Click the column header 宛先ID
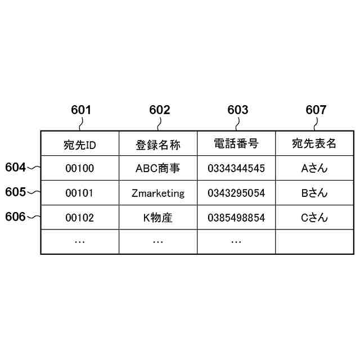point(80,145)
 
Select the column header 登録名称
point(158,145)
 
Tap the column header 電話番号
point(236,143)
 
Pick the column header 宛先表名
point(314,143)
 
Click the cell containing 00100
point(80,168)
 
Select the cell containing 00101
point(80,193)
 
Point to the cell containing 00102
point(80,218)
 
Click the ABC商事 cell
point(158,168)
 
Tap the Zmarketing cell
point(158,193)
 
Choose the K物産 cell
point(158,218)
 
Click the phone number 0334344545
point(236,168)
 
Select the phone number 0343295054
point(236,193)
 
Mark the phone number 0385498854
point(236,218)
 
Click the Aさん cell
point(314,168)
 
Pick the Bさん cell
point(314,193)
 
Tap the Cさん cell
point(314,218)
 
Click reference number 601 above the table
point(81,110)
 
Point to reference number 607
point(316,110)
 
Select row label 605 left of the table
point(16,192)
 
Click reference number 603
point(237,110)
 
